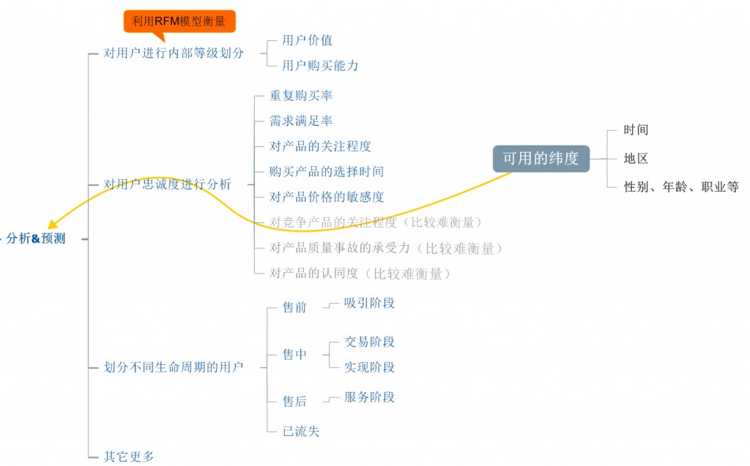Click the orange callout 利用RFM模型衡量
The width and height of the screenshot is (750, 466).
pos(179,21)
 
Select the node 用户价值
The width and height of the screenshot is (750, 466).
pos(307,40)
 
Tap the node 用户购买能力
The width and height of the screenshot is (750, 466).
pos(320,66)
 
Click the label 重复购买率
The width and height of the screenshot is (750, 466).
pos(301,96)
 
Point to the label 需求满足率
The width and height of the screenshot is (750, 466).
pos(301,121)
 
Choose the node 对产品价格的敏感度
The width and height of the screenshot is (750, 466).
pos(327,197)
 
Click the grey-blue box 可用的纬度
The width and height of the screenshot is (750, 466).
pos(541,159)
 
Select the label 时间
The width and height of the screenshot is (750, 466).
pos(636,130)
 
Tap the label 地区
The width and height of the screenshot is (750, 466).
pos(636,159)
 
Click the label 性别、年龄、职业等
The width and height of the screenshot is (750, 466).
pos(681,187)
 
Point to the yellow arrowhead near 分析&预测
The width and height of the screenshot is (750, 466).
pos(53,224)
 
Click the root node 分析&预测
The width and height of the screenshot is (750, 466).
pos(36,238)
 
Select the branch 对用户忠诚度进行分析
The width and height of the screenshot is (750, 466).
pos(168,184)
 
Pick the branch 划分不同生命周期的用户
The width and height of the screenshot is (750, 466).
pos(174,367)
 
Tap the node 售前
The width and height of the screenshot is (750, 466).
pos(294,307)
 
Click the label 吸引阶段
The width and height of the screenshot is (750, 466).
pos(369,303)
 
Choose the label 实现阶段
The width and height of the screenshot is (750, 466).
pos(369,367)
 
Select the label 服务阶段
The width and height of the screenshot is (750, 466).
pos(369,397)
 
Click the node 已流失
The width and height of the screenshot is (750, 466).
pos(301,431)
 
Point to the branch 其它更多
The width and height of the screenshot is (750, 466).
pos(129,456)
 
